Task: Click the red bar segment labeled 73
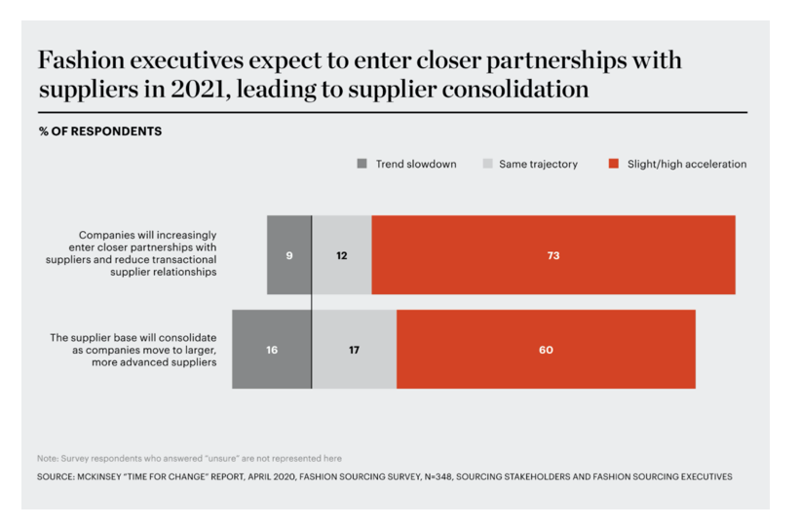pos(553,255)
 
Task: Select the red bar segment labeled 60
pos(546,350)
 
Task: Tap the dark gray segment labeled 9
pos(289,255)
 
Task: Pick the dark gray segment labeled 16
pos(272,350)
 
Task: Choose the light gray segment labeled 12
pos(342,255)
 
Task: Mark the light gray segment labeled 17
pos(355,350)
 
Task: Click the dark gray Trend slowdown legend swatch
pos(361,165)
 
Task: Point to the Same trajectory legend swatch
pos(487,165)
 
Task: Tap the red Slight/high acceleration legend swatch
pos(613,165)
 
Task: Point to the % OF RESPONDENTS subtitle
pos(100,131)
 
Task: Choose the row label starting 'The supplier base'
pos(133,350)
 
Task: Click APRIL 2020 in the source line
pos(282,477)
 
